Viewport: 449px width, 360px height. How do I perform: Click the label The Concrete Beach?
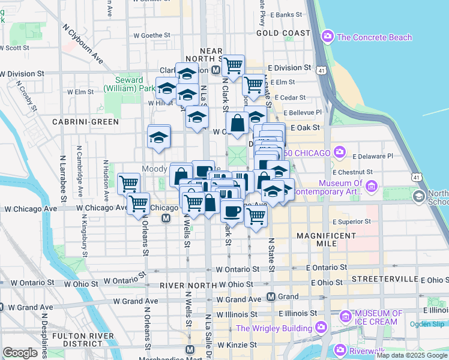375,37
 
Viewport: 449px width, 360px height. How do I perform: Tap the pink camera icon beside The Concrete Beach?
328,37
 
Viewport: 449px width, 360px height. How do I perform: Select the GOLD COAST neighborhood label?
283,32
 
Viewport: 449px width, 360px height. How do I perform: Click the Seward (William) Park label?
124,84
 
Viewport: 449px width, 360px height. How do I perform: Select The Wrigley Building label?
274,328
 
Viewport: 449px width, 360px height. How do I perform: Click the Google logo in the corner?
20,352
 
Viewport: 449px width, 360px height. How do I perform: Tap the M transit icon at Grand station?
271,296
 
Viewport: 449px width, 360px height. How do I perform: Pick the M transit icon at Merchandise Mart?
190,349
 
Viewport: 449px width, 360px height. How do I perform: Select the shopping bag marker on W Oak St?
238,122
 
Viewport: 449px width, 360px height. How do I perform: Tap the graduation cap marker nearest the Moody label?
159,136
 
